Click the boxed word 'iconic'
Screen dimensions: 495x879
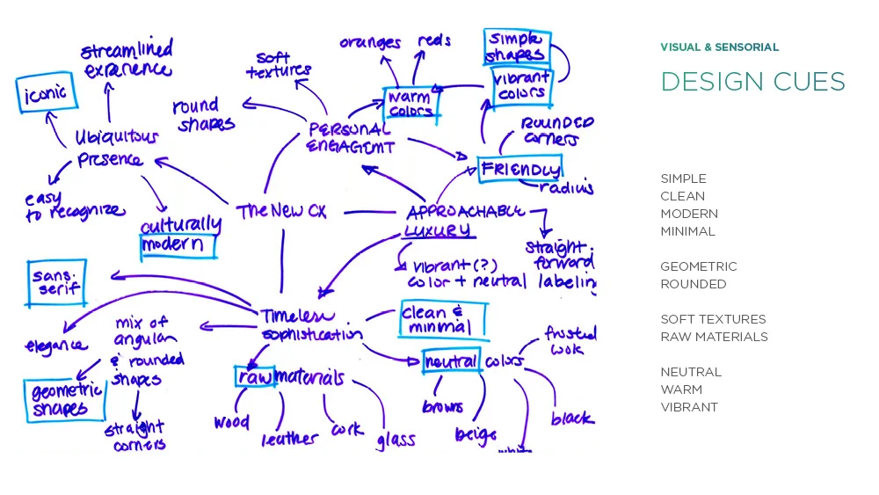[x=45, y=94]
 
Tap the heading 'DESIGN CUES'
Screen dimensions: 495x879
[x=752, y=82]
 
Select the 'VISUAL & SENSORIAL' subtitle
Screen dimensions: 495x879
[x=719, y=47]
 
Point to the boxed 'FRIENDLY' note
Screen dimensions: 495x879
[x=519, y=169]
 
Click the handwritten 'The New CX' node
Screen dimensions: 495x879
[x=281, y=212]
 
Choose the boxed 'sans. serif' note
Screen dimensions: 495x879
[x=56, y=282]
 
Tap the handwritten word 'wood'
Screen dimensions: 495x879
[x=231, y=423]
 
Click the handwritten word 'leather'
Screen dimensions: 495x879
[x=289, y=437]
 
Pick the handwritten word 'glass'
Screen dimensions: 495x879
[x=396, y=439]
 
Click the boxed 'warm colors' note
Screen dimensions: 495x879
[x=410, y=104]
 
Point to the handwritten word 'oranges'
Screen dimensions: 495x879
[x=370, y=43]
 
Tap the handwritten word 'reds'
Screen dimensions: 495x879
[x=434, y=40]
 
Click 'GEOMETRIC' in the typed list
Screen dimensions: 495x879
[x=699, y=266]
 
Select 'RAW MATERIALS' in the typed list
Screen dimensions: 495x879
[x=714, y=337]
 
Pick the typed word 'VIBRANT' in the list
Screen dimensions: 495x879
[x=689, y=407]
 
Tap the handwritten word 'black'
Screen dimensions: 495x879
[x=572, y=419]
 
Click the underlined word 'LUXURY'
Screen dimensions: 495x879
[x=437, y=231]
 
